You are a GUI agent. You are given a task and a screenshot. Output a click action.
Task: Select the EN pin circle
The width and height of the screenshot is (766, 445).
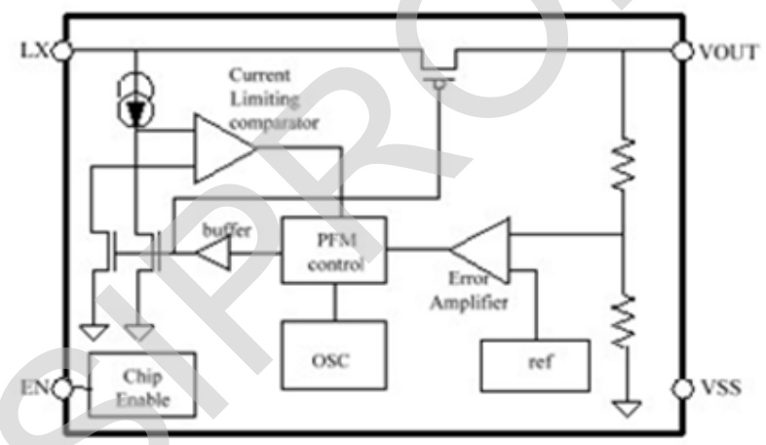coord(63,388)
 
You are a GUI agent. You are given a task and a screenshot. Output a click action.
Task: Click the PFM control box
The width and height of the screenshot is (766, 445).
coord(333,250)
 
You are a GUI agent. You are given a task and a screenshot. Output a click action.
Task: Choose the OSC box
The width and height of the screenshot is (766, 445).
coord(333,359)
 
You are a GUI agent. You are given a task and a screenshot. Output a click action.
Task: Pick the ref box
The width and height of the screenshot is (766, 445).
coord(535,365)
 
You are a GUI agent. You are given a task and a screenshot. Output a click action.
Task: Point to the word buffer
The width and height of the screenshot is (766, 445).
coord(226,230)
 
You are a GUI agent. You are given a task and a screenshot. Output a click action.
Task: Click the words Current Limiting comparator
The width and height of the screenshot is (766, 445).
coord(274,100)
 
